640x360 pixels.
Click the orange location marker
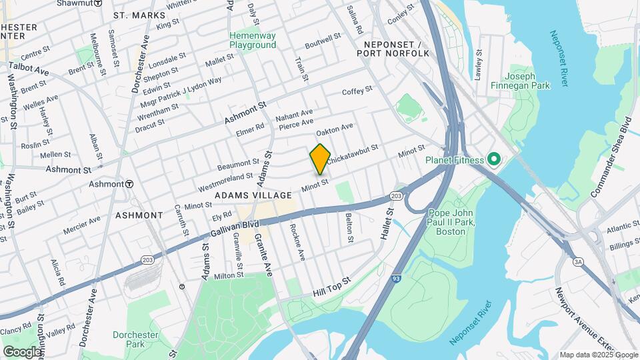(x=320, y=159)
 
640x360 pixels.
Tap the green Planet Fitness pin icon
(x=493, y=159)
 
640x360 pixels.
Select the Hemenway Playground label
(x=253, y=40)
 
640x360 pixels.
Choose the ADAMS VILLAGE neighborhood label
(x=253, y=195)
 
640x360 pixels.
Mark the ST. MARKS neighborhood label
(x=139, y=15)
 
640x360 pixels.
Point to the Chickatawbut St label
(x=351, y=155)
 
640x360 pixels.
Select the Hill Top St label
(x=331, y=289)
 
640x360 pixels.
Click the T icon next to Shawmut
(x=98, y=3)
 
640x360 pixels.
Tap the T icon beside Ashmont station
(x=129, y=184)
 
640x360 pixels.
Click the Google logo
(x=21, y=351)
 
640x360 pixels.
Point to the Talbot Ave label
(x=28, y=69)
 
